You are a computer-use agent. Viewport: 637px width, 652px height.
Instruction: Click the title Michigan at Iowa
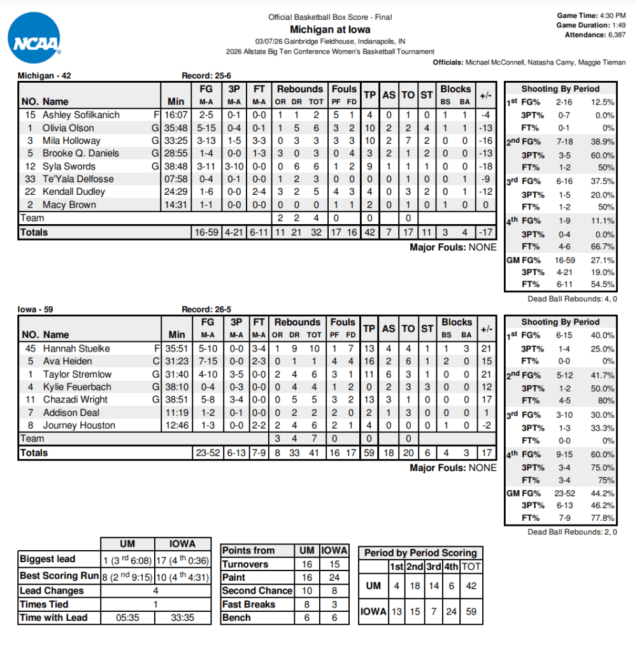click(330, 29)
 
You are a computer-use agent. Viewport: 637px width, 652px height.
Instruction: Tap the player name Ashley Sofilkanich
click(81, 115)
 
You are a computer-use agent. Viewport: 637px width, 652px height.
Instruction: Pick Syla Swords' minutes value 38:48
click(176, 166)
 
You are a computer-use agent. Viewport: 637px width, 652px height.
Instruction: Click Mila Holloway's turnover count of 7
click(408, 141)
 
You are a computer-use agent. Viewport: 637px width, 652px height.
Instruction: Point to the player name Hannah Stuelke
click(76, 348)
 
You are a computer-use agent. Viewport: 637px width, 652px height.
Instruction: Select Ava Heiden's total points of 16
click(369, 361)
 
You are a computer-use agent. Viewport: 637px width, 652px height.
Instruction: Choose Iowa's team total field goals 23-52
click(207, 453)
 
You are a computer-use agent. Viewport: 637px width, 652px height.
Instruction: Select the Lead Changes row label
click(52, 591)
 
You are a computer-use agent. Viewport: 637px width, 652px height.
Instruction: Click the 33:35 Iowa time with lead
click(182, 618)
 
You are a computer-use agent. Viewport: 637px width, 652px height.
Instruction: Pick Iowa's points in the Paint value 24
click(334, 578)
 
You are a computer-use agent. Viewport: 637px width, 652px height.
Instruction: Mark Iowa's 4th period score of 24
click(452, 611)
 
